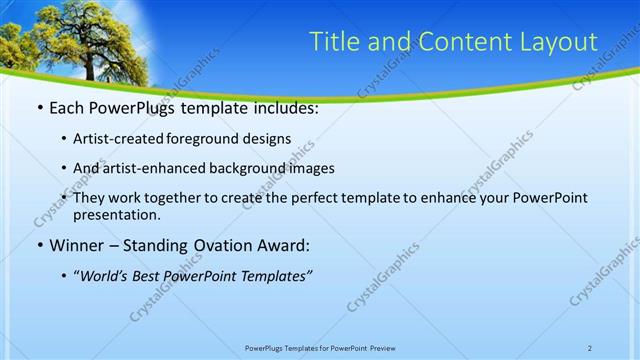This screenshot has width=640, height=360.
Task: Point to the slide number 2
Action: (x=590, y=347)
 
